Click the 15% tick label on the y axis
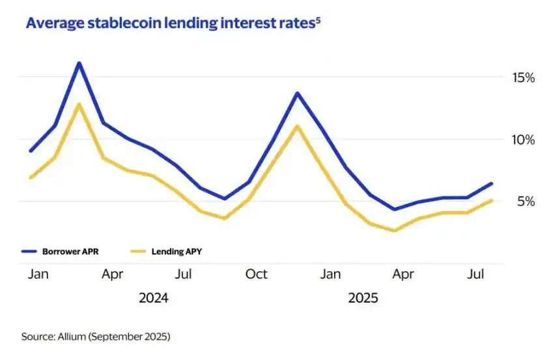coord(523,78)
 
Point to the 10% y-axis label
coord(523,140)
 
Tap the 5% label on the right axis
coord(526,202)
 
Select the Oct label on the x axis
coord(257,274)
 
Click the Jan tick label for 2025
coord(330,274)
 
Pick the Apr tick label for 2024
coord(113,274)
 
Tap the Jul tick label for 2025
coord(477,274)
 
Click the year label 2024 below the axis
coord(154,298)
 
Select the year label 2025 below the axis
coord(363,298)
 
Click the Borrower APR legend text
coord(71,251)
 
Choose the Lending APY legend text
coord(177,251)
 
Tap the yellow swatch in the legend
coord(138,251)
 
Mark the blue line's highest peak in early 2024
coord(79,63)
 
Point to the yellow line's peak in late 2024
coord(298,126)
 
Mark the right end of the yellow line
coord(492,201)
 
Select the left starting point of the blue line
coord(31,151)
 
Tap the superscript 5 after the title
coord(318,20)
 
